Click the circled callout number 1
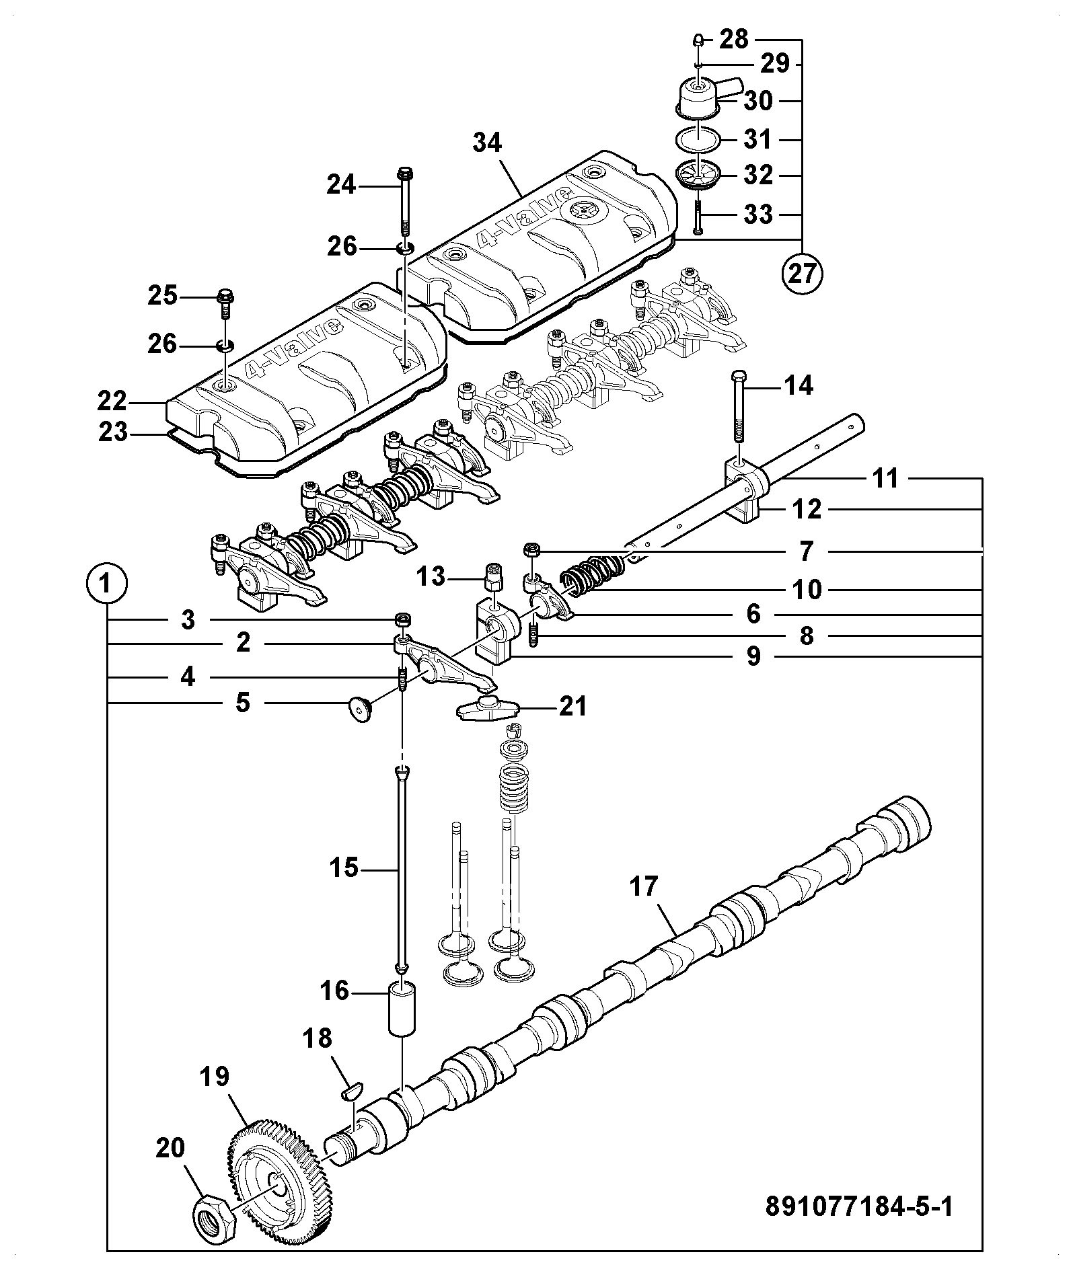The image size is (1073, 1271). pyautogui.click(x=106, y=582)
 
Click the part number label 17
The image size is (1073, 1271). pyautogui.click(x=644, y=886)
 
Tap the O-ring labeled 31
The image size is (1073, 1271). pyautogui.click(x=698, y=140)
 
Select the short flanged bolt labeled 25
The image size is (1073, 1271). pyautogui.click(x=224, y=306)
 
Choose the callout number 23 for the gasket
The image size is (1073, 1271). pyautogui.click(x=112, y=432)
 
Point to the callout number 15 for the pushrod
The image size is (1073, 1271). pyautogui.click(x=344, y=868)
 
